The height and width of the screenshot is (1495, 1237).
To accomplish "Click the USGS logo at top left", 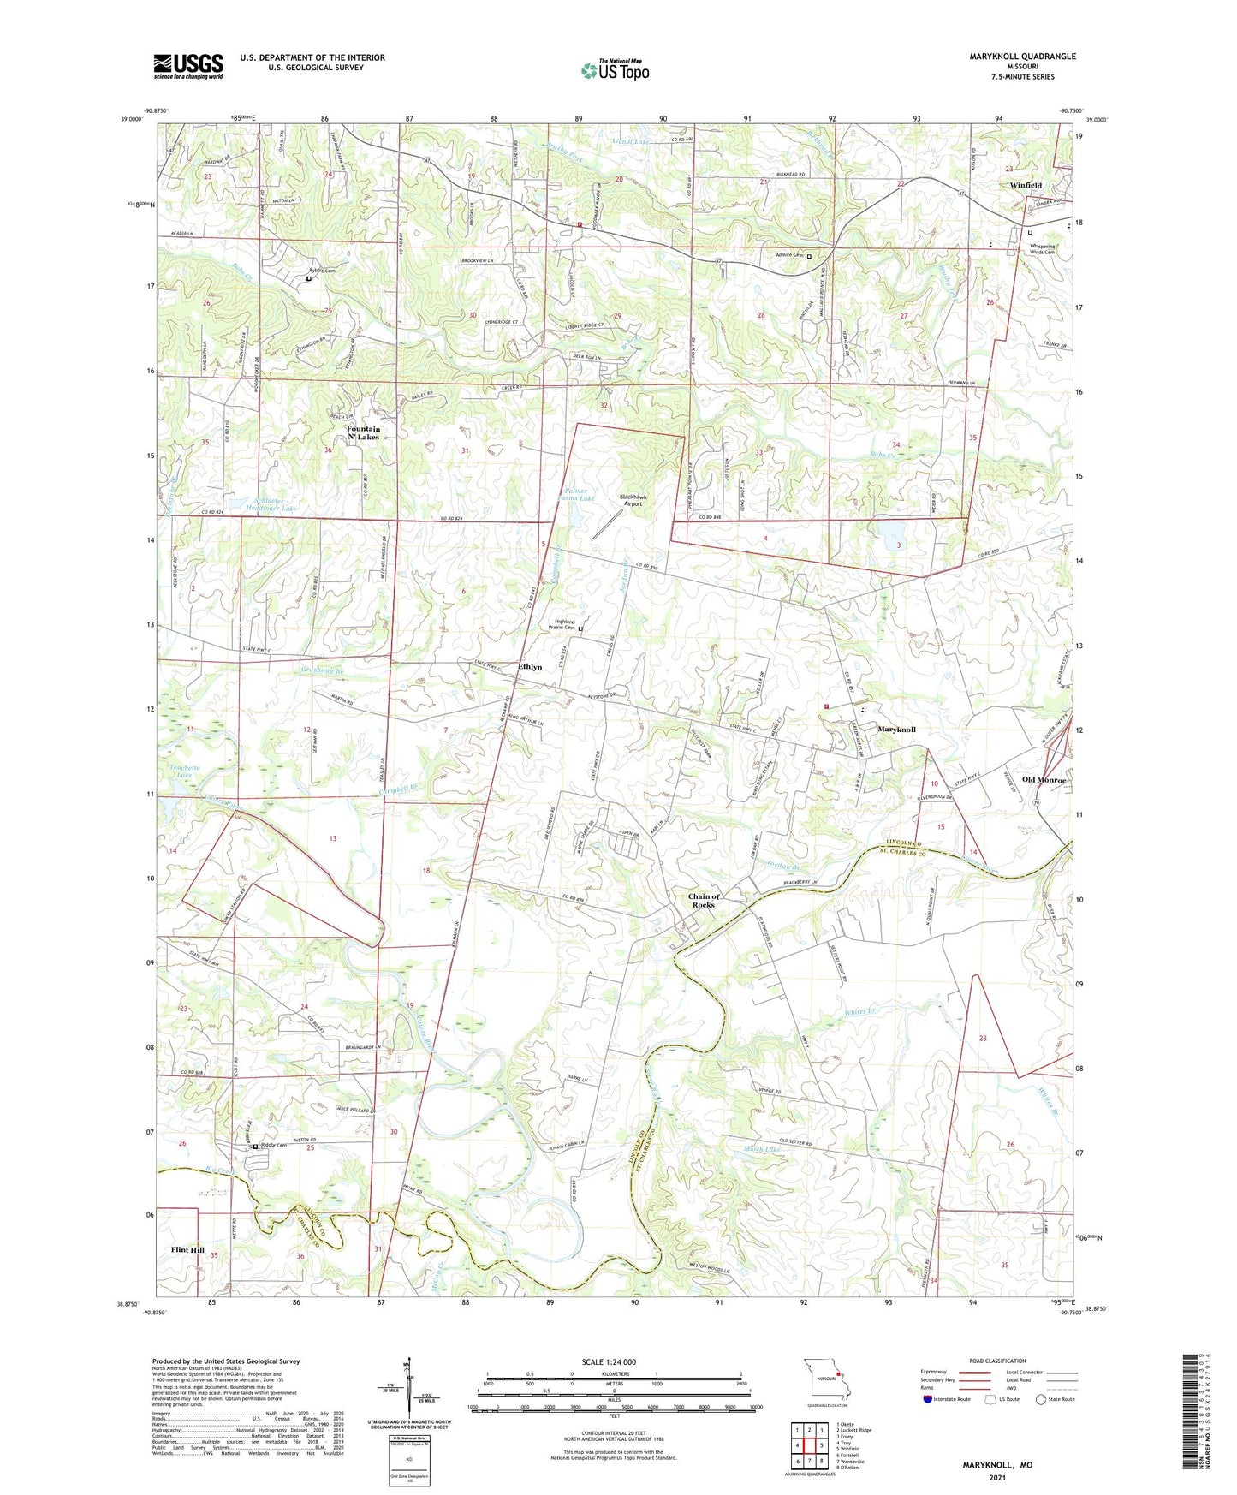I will tap(187, 66).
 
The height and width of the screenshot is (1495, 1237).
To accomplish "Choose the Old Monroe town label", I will tap(1044, 780).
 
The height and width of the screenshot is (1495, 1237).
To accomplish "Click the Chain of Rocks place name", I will tap(704, 901).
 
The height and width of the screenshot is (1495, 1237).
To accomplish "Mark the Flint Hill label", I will tap(187, 1250).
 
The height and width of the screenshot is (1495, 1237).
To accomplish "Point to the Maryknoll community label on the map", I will tap(896, 730).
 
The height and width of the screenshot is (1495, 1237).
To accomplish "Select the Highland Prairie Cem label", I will tap(563, 625).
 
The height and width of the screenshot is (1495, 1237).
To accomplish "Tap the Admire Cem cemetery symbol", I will tap(809, 256).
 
